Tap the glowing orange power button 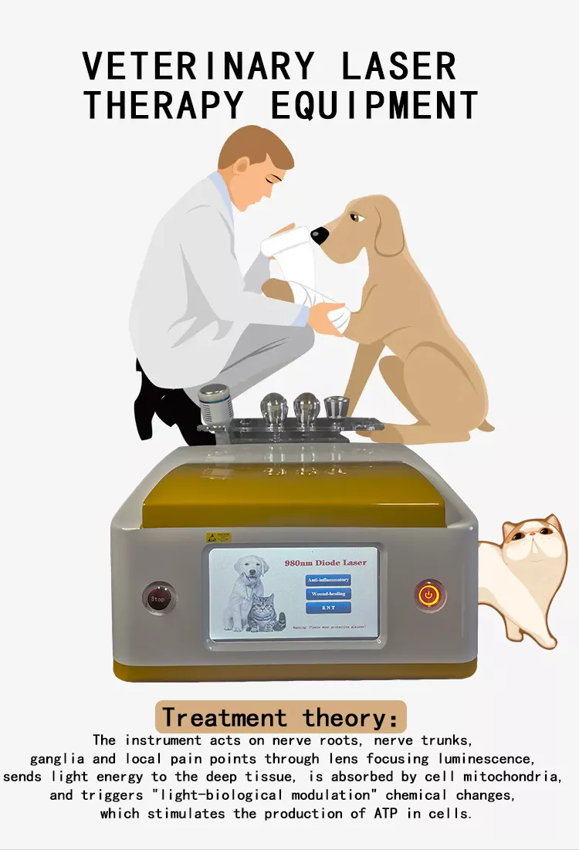(430, 595)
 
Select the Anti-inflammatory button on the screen (329, 579)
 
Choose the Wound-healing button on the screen (329, 594)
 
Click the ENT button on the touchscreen (329, 608)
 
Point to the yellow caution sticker (218, 537)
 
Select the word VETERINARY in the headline (198, 66)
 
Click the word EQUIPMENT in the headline (373, 105)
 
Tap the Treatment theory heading (280, 717)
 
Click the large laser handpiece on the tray (216, 404)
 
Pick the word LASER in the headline (399, 66)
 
